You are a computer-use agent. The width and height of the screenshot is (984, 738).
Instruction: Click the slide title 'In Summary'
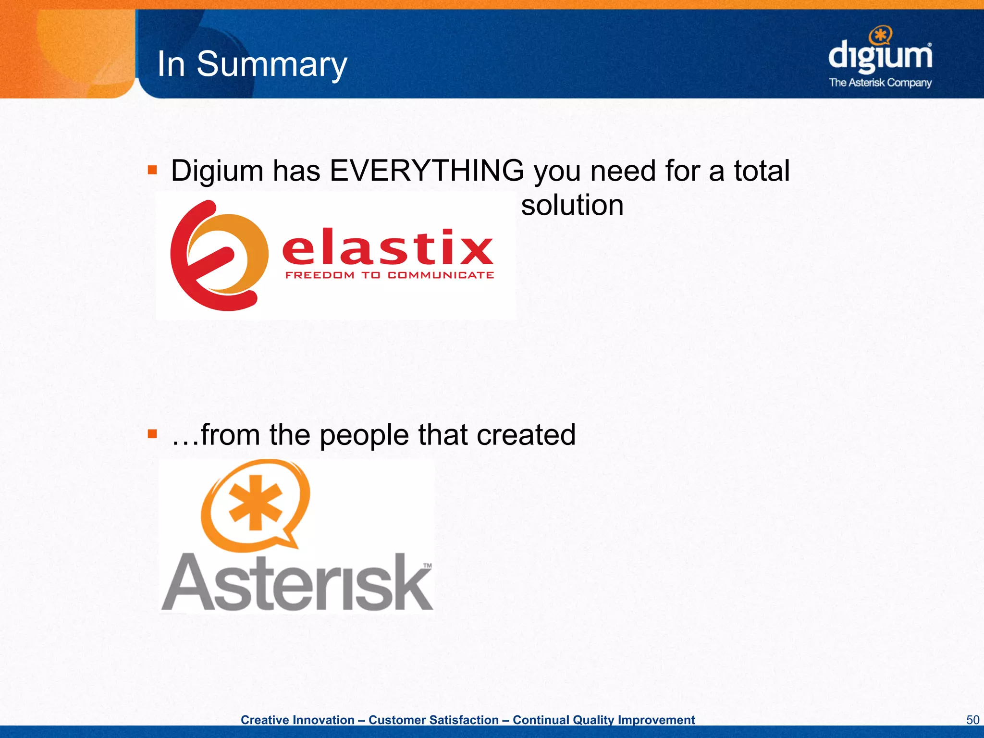252,64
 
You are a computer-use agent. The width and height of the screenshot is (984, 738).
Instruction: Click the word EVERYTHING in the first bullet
427,171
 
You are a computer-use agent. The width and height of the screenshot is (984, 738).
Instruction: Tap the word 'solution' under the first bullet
572,205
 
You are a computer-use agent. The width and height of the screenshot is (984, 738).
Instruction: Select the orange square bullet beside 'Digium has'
152,170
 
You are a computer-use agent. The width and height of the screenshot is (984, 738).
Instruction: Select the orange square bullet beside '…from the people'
152,434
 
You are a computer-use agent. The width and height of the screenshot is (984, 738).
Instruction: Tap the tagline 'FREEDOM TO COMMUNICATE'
389,275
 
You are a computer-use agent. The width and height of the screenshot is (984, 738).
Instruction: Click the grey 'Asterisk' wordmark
297,583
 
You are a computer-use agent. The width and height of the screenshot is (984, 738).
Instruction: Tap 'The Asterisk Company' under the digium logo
880,83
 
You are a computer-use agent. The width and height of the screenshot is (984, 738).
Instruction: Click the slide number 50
972,720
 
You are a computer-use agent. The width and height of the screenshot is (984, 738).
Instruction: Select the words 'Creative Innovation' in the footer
297,720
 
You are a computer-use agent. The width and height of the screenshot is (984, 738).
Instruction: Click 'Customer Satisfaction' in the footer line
433,720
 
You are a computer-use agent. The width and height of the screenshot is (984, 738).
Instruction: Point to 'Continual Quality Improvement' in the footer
603,720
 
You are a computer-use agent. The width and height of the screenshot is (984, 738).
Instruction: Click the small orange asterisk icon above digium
881,36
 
